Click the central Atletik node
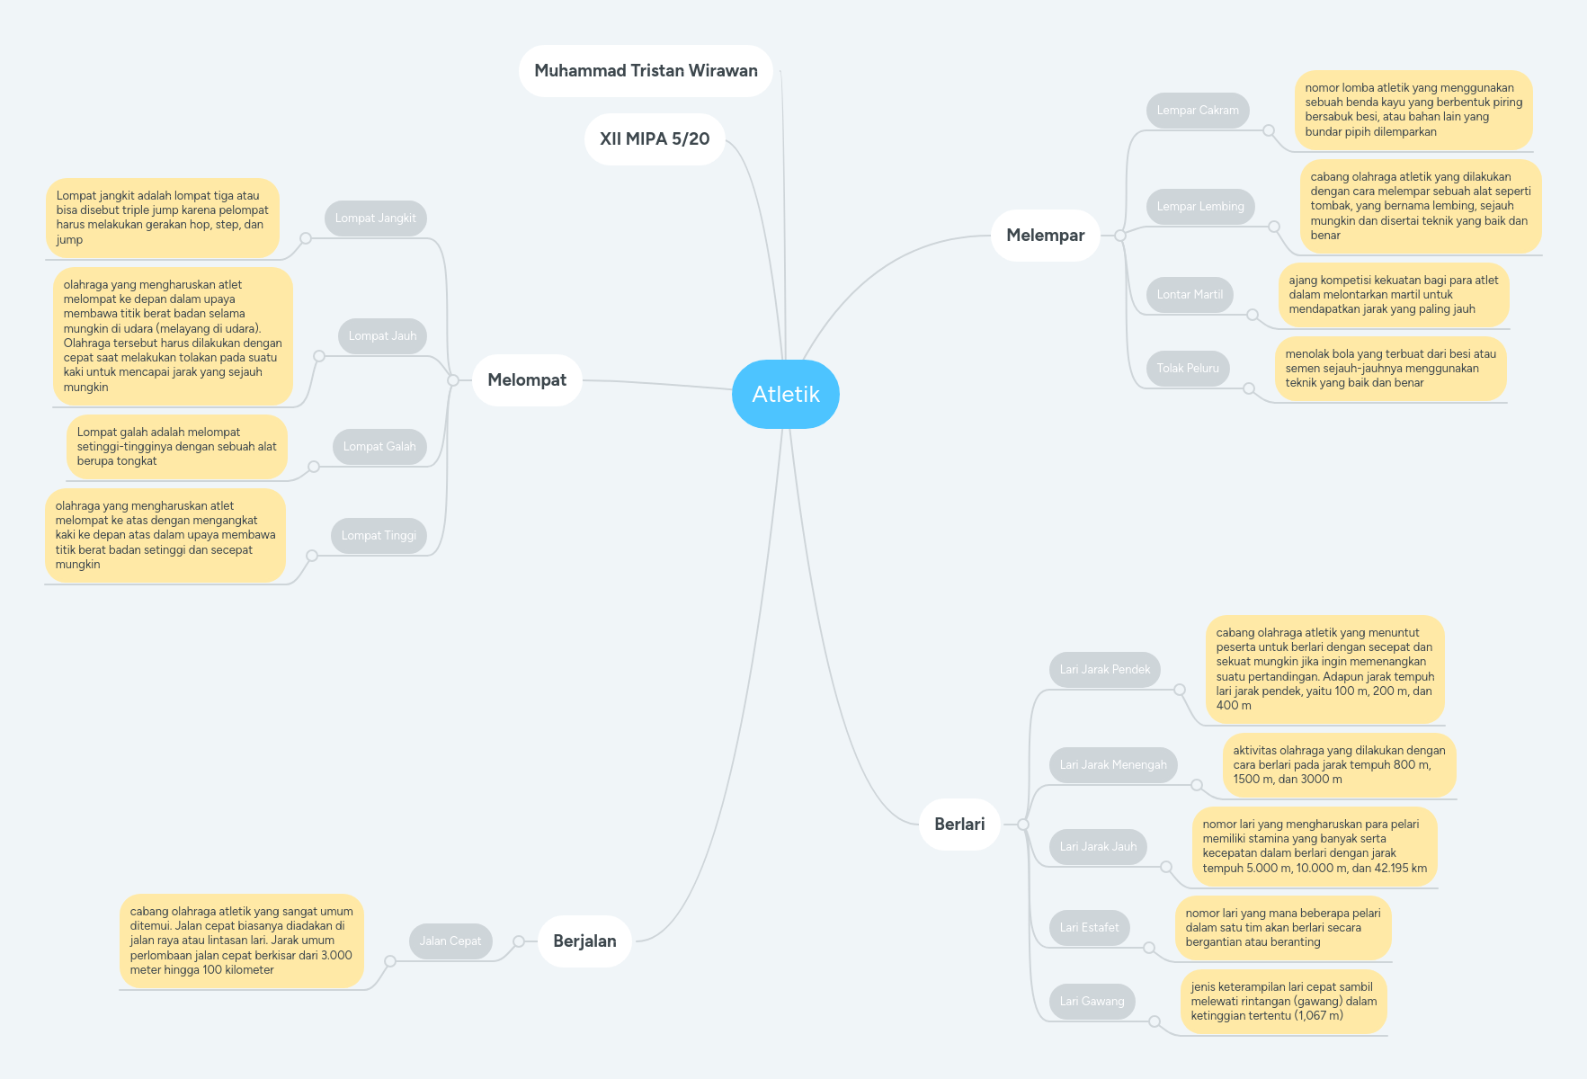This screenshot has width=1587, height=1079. tap(786, 394)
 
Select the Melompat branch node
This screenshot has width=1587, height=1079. tap(527, 379)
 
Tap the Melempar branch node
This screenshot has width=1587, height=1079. tap(1045, 236)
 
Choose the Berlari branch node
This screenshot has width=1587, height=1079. tap(959, 824)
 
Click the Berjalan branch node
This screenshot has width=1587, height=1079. tap(584, 941)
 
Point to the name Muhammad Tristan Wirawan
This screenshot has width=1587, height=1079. tap(646, 71)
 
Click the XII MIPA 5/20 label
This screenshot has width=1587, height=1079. tap(655, 139)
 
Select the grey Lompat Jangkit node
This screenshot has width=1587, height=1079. tap(376, 218)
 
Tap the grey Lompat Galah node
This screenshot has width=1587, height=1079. tap(379, 447)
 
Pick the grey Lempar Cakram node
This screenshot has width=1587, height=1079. tap(1198, 111)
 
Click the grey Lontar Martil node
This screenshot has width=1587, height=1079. tap(1190, 295)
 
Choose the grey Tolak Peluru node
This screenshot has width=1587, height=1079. tap(1188, 369)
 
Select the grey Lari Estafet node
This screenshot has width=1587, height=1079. tap(1089, 928)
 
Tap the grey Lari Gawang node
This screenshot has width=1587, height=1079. tap(1092, 1002)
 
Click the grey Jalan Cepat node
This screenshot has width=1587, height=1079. tap(450, 941)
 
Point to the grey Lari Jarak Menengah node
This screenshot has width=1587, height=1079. tap(1113, 765)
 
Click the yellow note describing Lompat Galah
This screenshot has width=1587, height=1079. tap(177, 447)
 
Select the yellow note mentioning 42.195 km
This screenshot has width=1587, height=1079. tap(1315, 846)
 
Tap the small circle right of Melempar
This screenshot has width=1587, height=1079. tap(1120, 236)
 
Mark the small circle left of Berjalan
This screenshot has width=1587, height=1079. tap(519, 941)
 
